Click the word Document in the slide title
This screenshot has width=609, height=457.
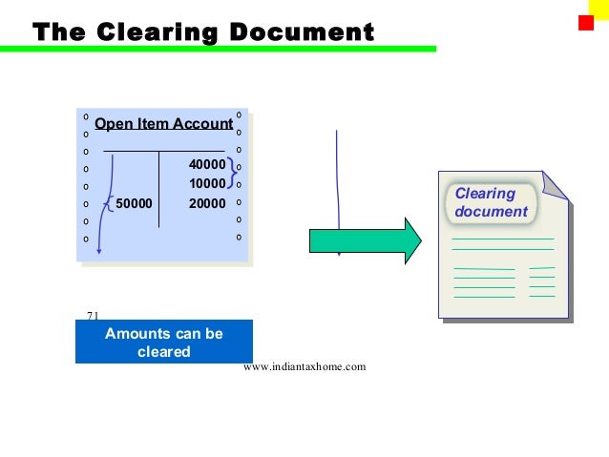[x=302, y=32]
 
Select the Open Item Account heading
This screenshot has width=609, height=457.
[x=164, y=124]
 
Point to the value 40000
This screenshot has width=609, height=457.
[x=207, y=165]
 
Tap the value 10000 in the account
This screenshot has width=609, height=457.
[x=207, y=183]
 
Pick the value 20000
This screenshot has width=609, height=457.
[x=207, y=202]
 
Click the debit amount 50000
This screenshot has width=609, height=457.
[x=134, y=202]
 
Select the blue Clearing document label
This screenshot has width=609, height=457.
[x=491, y=202]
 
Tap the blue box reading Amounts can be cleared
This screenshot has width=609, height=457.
[x=163, y=342]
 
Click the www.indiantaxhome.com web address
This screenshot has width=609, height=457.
[x=304, y=366]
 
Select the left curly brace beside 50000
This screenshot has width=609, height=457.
[x=109, y=202]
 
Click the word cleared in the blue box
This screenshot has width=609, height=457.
[x=163, y=351]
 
